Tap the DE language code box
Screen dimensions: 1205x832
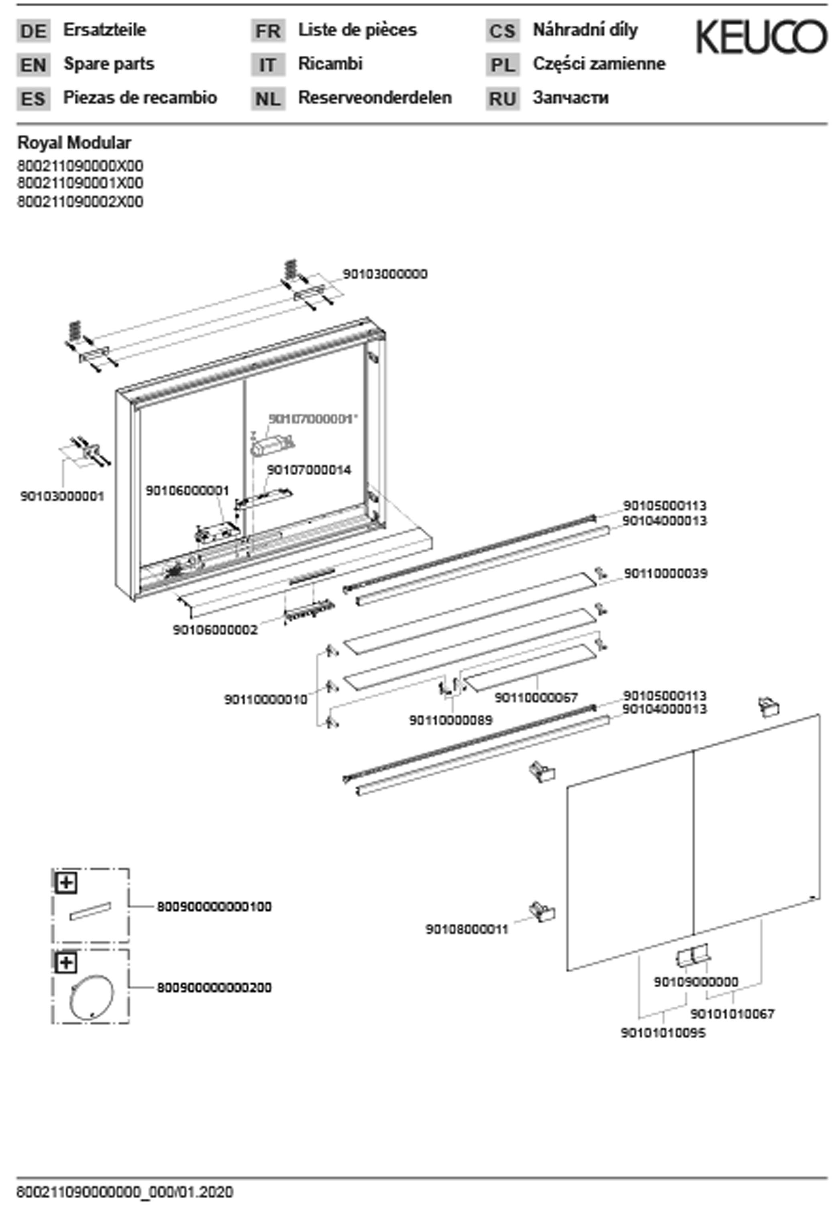pos(33,31)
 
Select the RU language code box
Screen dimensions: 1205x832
pos(503,98)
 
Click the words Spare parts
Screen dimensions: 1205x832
pos(108,64)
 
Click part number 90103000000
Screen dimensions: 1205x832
pos(385,274)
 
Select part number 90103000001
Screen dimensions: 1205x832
pos(62,496)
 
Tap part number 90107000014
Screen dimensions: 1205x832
pos(309,470)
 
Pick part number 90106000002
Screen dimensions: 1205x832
pos(215,630)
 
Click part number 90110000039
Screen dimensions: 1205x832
pos(666,574)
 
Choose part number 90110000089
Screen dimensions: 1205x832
pos(451,721)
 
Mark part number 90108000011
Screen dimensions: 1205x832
pos(467,929)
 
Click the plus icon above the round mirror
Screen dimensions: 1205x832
pos(66,962)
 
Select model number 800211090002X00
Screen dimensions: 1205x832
pos(80,202)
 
